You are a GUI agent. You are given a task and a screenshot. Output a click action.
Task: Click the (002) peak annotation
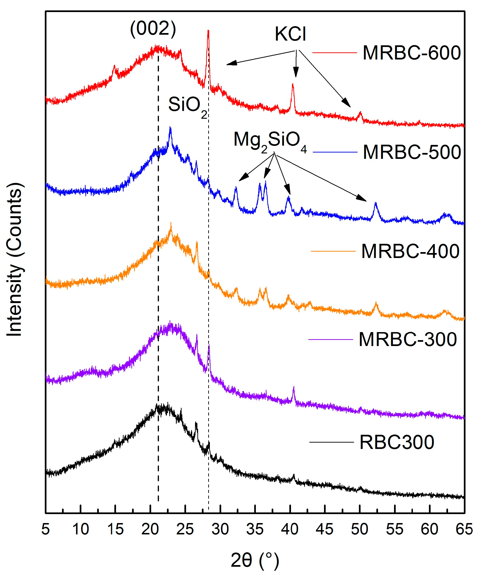coord(153,29)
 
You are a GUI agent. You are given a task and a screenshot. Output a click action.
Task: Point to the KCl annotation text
coord(290,34)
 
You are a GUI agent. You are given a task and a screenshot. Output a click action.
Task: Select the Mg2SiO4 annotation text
coord(270,141)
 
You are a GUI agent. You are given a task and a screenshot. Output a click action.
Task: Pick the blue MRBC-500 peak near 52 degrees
coord(375,203)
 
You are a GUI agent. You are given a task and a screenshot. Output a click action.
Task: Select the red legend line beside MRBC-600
coord(334,52)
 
